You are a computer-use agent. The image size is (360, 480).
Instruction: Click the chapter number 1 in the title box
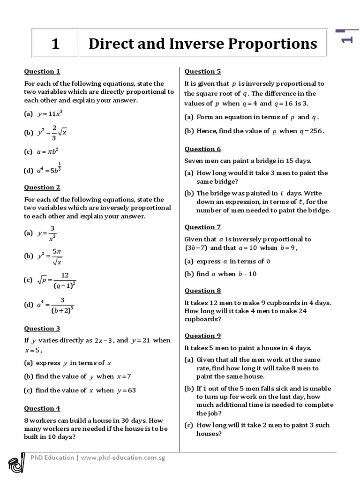(55, 44)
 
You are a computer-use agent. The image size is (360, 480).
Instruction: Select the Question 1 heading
(42, 72)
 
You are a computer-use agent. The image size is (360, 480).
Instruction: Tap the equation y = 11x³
(50, 114)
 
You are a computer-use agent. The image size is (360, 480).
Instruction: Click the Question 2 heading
(42, 187)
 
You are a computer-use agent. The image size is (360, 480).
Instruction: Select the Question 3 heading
(42, 329)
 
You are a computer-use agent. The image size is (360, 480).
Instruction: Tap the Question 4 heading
(42, 409)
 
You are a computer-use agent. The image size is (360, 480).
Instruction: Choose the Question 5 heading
(202, 72)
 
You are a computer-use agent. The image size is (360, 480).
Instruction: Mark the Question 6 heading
(202, 149)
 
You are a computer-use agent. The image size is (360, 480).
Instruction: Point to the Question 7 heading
(202, 227)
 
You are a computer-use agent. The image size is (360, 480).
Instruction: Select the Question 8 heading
(202, 291)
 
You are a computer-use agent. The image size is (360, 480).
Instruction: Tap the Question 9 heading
(202, 336)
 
